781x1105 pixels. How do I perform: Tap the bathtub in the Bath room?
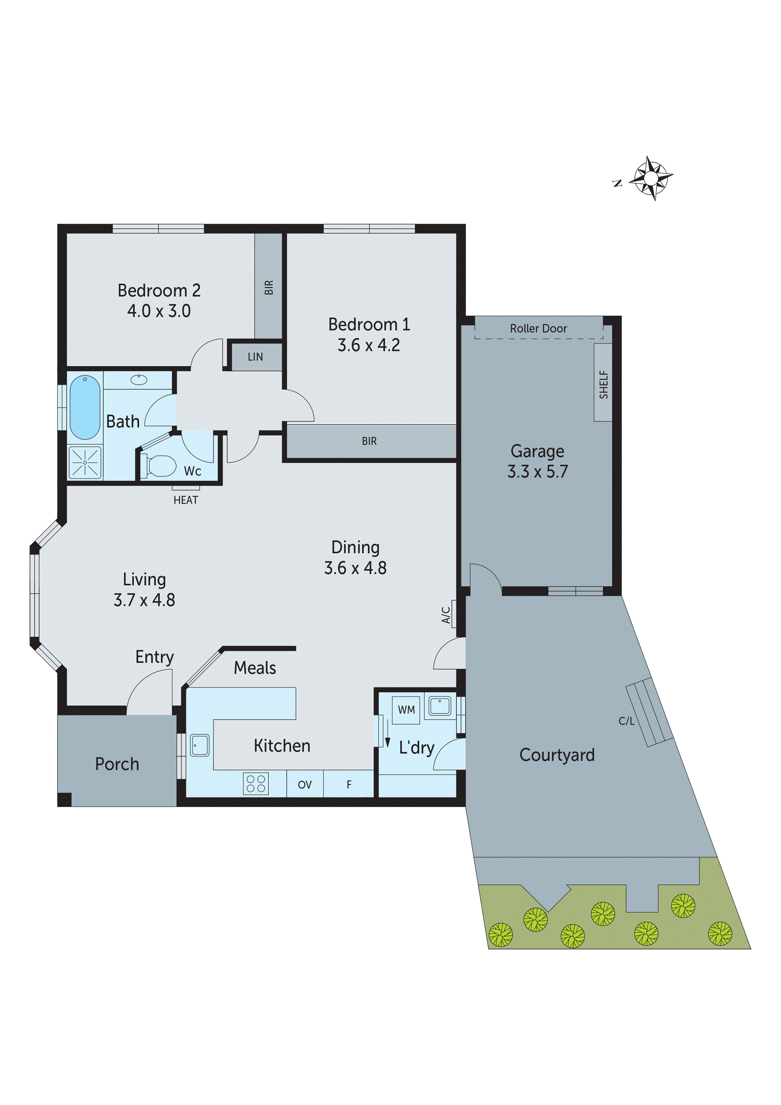pos(85,407)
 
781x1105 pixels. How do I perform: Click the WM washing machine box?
pos(406,710)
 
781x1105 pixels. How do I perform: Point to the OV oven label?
pos(305,785)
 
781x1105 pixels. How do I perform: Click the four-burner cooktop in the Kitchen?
pos(255,783)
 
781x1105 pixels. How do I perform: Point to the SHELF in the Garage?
pos(603,384)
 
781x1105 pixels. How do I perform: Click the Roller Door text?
pos(539,329)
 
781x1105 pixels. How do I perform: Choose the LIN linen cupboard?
pos(255,357)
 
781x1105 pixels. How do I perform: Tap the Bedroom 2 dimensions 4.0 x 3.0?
pos(159,311)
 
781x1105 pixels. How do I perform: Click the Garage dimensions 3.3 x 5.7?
pos(538,472)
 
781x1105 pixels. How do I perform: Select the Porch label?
pos(117,764)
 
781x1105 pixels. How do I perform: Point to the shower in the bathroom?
pos(85,462)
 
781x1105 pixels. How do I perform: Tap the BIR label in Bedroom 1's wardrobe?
pos(369,441)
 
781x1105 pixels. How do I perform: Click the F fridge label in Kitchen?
pos(349,785)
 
